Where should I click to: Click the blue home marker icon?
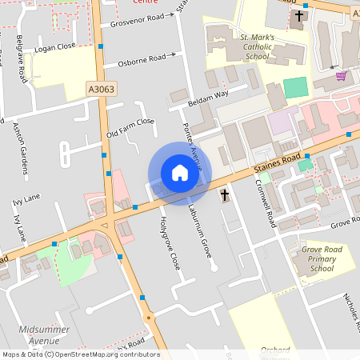[179, 173]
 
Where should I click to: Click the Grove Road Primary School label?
[310, 259]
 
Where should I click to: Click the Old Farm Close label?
[130, 127]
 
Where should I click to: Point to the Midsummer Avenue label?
[45, 334]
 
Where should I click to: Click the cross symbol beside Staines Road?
[224, 194]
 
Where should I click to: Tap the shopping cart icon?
[342, 76]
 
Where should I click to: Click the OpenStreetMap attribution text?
[81, 354]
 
